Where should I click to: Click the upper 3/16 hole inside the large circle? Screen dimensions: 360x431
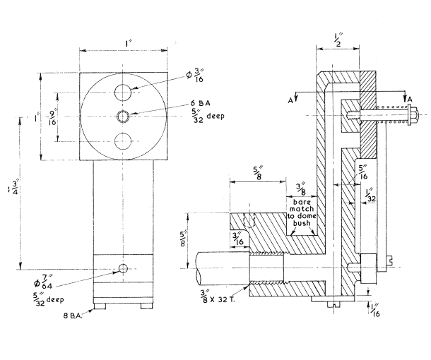click(x=124, y=92)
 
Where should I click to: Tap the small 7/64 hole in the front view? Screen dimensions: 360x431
click(x=124, y=268)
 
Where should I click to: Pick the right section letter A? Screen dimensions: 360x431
click(x=410, y=98)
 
